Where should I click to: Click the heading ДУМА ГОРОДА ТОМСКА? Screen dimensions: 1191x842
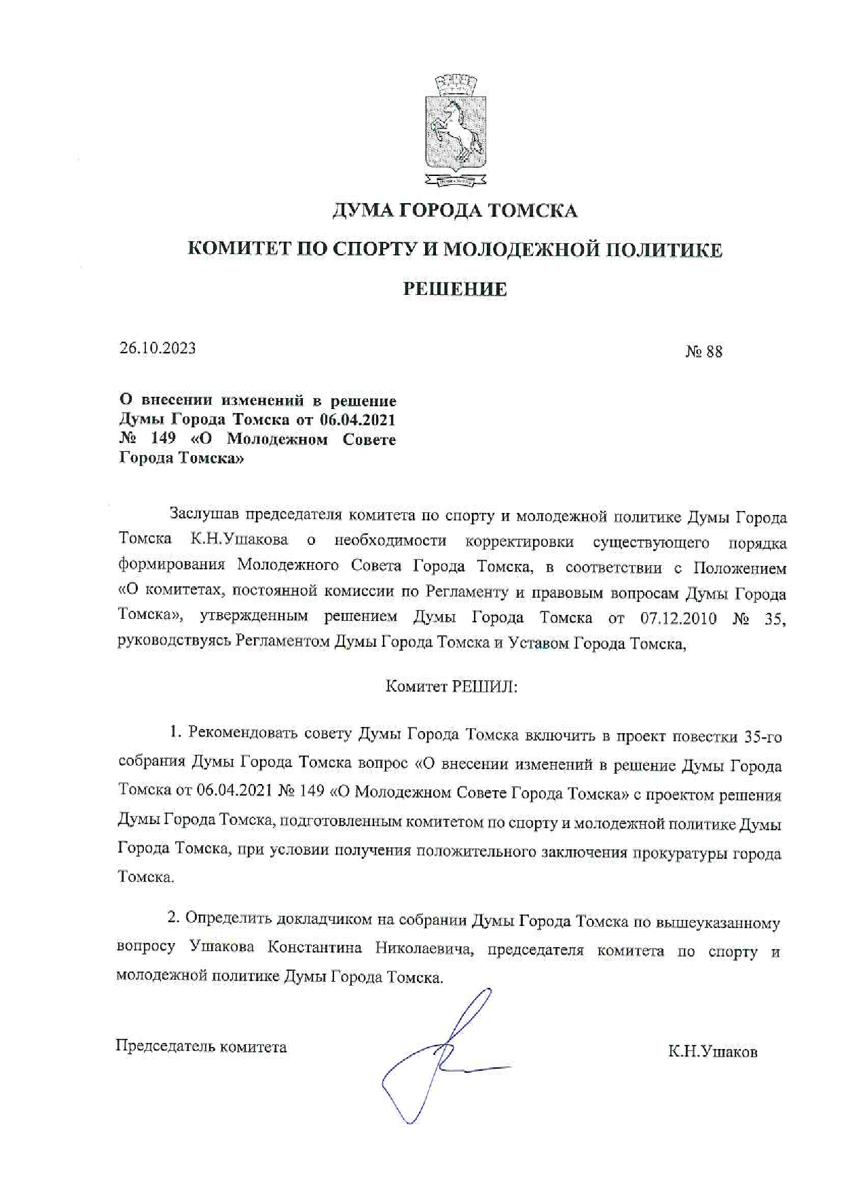tap(454, 211)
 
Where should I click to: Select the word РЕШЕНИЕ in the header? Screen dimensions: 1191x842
tap(455, 289)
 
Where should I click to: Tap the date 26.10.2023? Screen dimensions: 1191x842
tap(158, 348)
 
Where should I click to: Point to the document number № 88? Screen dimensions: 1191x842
tap(703, 351)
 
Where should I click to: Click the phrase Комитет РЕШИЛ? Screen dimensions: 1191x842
tap(452, 686)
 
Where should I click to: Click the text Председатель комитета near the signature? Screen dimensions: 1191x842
tap(201, 1046)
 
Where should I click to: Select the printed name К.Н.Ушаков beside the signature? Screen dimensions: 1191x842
tap(712, 1052)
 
